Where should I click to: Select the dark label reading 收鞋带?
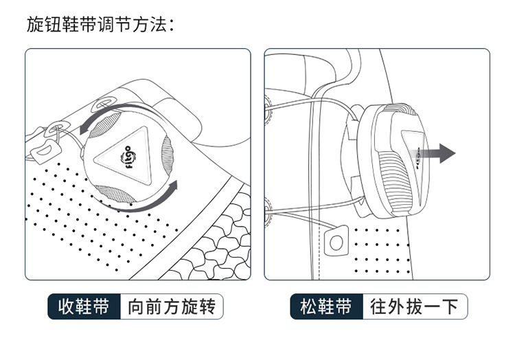point(83,306)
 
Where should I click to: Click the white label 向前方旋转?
point(172,306)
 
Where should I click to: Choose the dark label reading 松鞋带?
point(325,306)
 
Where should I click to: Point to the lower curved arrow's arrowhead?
point(173,186)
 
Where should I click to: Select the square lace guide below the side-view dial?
point(336,242)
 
